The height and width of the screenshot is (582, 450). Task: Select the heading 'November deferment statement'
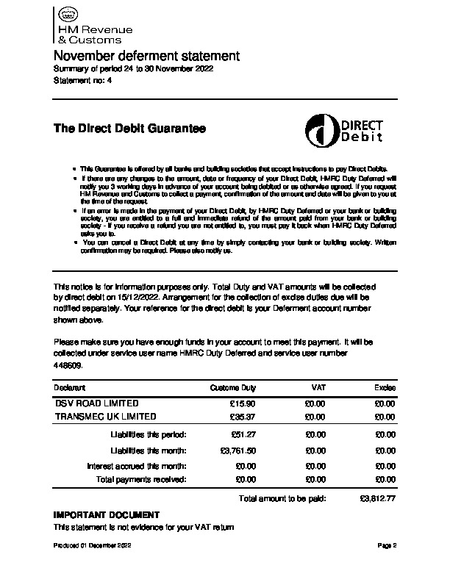tap(147, 56)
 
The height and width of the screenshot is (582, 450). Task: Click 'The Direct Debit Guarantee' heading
tap(129, 129)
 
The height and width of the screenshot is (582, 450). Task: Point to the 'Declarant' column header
tap(70, 387)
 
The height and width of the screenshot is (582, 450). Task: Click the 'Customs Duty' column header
tap(233, 387)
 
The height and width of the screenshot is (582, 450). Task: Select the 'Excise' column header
tap(385, 387)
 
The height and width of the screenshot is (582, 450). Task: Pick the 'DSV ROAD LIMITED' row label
tap(96, 403)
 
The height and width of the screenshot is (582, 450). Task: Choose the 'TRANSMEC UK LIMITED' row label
tap(106, 417)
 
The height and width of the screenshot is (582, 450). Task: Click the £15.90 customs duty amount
tap(242, 403)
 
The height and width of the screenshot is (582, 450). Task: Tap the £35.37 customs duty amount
tap(242, 417)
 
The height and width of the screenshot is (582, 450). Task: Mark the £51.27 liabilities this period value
tap(242, 435)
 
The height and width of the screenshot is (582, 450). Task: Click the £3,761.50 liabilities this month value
tap(238, 450)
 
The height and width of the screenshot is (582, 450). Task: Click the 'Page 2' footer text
tap(387, 546)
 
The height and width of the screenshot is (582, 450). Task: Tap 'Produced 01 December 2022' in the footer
tap(92, 546)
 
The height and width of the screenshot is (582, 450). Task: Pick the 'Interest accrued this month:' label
tap(137, 466)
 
